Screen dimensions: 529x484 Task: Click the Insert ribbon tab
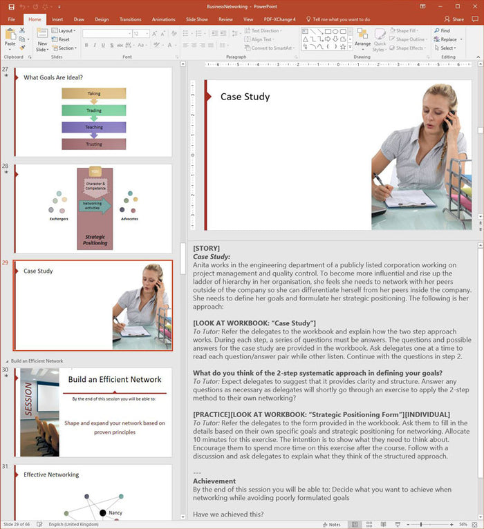tap(57, 19)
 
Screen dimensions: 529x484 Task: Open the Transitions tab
tap(130, 19)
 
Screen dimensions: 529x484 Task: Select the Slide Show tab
tap(196, 19)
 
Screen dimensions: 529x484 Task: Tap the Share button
tap(455, 19)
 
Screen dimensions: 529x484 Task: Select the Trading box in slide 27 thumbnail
tap(94, 110)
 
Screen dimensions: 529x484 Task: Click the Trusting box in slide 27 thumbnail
tap(94, 144)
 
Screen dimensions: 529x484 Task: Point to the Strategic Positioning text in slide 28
tap(95, 240)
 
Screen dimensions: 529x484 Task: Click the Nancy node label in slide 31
tap(115, 513)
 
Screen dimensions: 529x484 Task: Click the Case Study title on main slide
tap(245, 97)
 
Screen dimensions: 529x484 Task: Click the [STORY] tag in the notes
tap(207, 248)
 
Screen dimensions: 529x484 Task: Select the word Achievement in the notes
tap(214, 481)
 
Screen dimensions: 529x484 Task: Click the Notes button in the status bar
tap(331, 524)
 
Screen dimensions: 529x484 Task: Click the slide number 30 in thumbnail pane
tap(6, 370)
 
